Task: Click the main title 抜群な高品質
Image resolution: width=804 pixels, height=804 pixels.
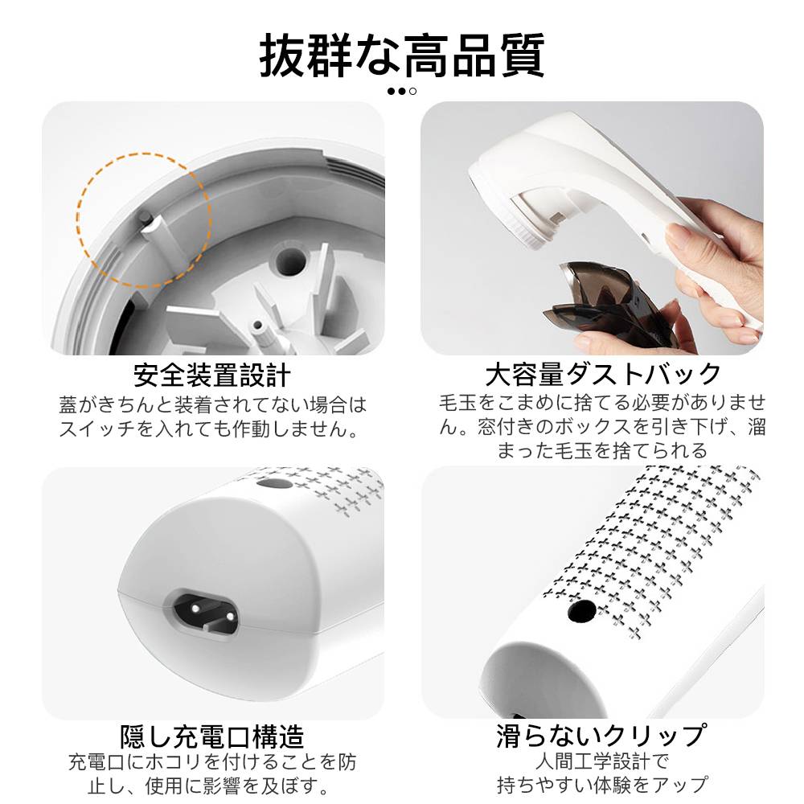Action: (x=402, y=55)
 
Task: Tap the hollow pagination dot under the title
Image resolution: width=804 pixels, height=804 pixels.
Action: (x=412, y=92)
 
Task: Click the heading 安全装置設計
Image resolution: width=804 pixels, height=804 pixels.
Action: (x=212, y=375)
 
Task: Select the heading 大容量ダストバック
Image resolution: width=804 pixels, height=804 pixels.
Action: (x=603, y=374)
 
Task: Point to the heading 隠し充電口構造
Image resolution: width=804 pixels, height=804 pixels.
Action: (x=212, y=736)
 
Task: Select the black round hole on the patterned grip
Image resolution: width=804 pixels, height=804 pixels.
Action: (x=582, y=611)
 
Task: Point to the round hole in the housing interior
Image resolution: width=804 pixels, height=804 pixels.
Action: (x=290, y=260)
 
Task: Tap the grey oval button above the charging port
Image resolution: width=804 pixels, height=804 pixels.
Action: (x=275, y=483)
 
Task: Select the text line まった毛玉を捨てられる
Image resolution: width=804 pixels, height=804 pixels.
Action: (x=602, y=450)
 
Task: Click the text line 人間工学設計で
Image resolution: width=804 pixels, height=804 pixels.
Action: (x=602, y=761)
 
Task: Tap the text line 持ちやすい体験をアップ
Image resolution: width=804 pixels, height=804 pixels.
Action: (x=602, y=785)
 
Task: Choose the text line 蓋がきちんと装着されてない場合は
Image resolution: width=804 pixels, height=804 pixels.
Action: (x=213, y=405)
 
